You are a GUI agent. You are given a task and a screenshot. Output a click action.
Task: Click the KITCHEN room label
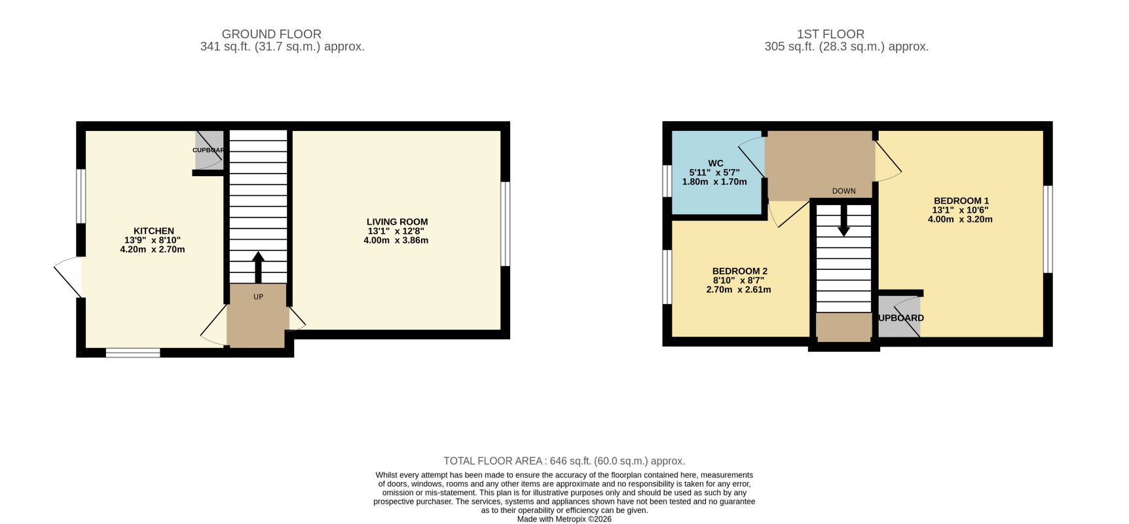pyautogui.click(x=154, y=231)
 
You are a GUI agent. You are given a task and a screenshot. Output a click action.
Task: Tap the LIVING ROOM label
pyautogui.click(x=398, y=222)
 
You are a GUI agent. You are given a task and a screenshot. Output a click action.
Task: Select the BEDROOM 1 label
pyautogui.click(x=961, y=201)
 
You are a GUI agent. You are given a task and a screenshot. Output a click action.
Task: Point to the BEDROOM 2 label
pyautogui.click(x=740, y=271)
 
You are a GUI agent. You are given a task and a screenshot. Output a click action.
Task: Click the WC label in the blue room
pyautogui.click(x=716, y=163)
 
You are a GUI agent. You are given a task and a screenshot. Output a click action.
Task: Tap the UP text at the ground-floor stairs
pyautogui.click(x=258, y=297)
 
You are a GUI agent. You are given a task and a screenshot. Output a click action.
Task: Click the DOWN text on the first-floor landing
pyautogui.click(x=844, y=191)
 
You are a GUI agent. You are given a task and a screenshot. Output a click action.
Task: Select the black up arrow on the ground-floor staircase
pyautogui.click(x=258, y=267)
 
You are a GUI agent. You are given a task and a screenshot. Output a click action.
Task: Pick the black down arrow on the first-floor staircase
pyautogui.click(x=844, y=221)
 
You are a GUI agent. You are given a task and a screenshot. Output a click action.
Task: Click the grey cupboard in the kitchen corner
pyautogui.click(x=210, y=150)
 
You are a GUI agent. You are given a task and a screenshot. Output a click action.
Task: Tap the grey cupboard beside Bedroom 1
pyautogui.click(x=899, y=317)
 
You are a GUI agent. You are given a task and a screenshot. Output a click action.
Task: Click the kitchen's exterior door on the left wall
pyautogui.click(x=68, y=277)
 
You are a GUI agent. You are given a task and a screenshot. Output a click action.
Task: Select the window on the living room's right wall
pyautogui.click(x=506, y=224)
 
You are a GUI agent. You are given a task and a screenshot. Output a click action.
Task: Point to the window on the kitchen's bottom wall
pyautogui.click(x=133, y=353)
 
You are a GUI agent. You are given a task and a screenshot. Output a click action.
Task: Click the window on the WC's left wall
pyautogui.click(x=667, y=181)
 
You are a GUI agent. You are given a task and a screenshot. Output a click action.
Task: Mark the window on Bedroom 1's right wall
pyautogui.click(x=1048, y=229)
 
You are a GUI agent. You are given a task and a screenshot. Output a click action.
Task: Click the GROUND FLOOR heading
pyautogui.click(x=272, y=34)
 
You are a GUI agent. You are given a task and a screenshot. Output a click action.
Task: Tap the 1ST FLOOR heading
pyautogui.click(x=831, y=34)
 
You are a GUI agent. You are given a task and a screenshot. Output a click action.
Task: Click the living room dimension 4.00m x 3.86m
pyautogui.click(x=396, y=240)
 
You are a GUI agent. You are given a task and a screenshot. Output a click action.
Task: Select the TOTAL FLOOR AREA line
pyautogui.click(x=564, y=461)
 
